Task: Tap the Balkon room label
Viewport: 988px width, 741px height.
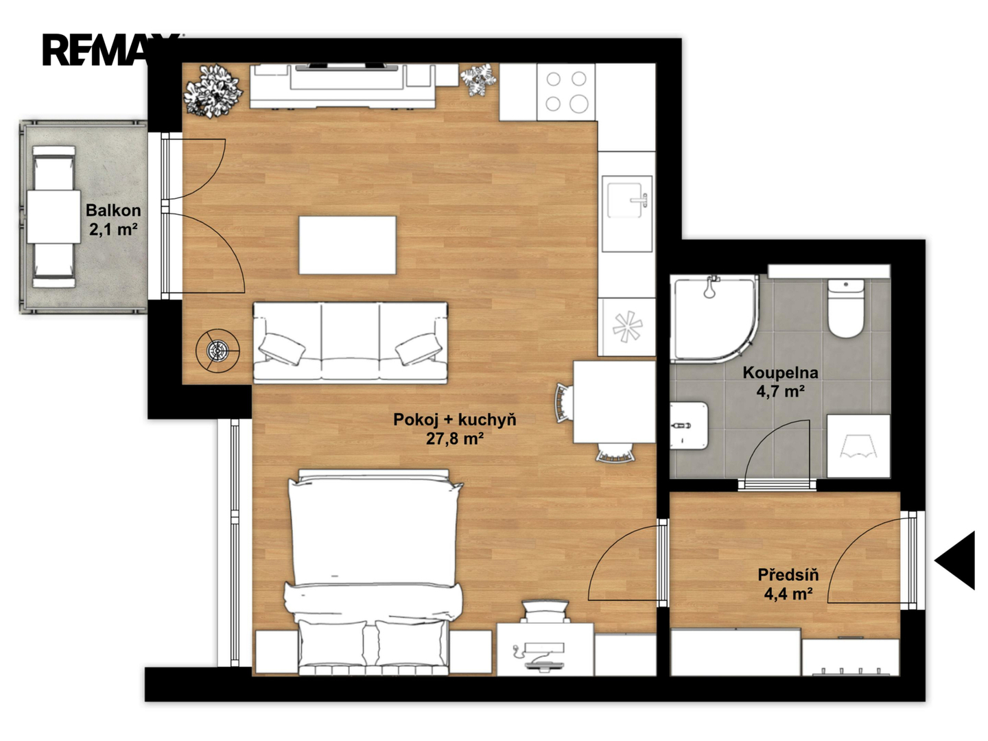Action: coord(113,210)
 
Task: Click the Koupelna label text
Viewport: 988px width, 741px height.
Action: coord(780,373)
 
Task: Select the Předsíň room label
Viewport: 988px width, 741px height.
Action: coord(788,574)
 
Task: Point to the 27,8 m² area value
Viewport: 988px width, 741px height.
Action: coord(455,438)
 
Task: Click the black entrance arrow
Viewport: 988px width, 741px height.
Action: coord(955,560)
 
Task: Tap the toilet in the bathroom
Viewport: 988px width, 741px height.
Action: coord(846,308)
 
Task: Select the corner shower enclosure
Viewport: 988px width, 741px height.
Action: coord(714,318)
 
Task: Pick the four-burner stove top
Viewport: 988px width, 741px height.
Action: coord(566,92)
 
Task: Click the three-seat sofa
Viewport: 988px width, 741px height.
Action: coord(350,343)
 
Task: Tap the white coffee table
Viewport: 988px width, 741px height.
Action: coord(347,245)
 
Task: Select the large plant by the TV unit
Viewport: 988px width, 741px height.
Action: coord(213,91)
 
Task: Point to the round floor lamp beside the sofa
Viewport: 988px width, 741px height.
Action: coord(218,351)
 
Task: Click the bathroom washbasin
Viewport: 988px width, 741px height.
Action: coord(689,425)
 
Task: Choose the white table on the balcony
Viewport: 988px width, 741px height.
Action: coord(54,217)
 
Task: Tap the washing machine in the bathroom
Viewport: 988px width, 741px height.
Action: coord(858,446)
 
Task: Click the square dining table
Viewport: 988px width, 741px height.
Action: coord(614,402)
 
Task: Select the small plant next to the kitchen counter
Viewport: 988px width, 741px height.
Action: coord(478,80)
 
